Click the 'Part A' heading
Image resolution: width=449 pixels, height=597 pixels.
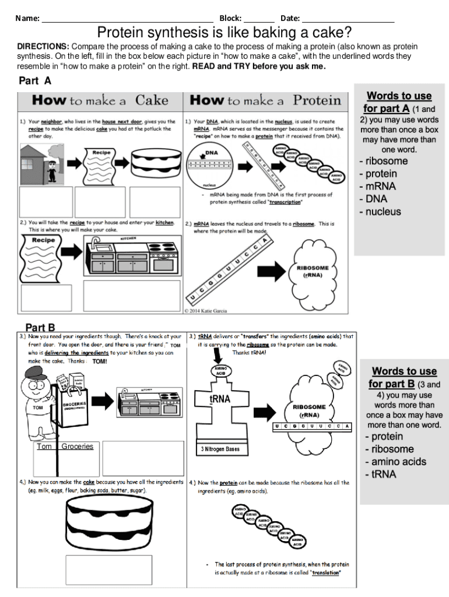click(x=35, y=80)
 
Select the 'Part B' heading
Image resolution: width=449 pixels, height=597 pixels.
click(x=40, y=328)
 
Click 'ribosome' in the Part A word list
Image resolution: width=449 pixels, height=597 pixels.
click(x=387, y=161)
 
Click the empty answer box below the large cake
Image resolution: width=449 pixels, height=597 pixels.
click(x=108, y=570)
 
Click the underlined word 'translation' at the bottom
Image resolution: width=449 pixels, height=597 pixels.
click(x=325, y=573)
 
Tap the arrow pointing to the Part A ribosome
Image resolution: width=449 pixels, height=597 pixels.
click(x=271, y=271)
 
